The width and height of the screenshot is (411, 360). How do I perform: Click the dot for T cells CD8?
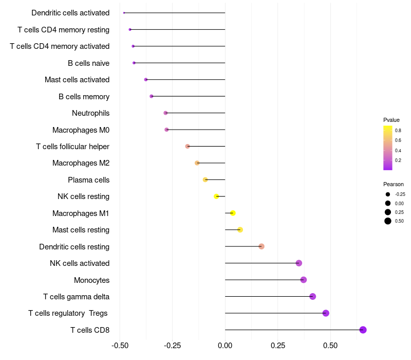(x=363, y=330)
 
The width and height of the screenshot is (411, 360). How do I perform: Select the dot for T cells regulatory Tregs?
(x=326, y=313)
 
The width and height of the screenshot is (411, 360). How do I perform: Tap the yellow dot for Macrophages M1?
(x=233, y=213)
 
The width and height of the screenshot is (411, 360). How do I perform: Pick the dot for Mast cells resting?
(x=240, y=230)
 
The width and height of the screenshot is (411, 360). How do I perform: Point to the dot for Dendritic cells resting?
(x=261, y=246)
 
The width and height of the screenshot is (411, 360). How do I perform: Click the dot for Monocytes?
(x=304, y=280)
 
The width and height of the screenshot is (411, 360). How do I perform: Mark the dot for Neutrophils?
(x=165, y=113)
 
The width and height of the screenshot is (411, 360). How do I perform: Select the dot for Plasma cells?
(x=205, y=179)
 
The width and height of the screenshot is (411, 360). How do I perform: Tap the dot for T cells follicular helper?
(x=188, y=146)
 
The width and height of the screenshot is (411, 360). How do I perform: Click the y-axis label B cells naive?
(x=88, y=63)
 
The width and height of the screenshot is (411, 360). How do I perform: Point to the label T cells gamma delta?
(x=76, y=297)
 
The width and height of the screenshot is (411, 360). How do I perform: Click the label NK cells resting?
(x=83, y=196)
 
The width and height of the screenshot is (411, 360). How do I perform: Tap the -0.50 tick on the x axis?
(x=120, y=345)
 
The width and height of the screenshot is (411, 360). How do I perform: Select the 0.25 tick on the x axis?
(x=278, y=345)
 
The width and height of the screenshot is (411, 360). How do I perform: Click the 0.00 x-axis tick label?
(x=225, y=345)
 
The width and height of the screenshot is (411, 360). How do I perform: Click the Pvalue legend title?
(x=391, y=120)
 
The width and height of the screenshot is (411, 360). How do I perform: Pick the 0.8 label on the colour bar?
(x=398, y=130)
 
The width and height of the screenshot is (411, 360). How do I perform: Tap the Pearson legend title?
(x=394, y=184)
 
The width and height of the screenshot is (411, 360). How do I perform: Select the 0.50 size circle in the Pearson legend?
(x=388, y=221)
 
